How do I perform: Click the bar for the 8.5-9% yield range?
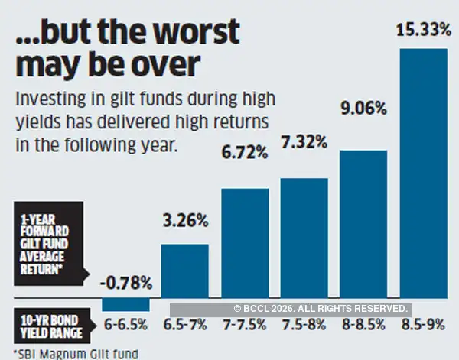pyautogui.click(x=423, y=172)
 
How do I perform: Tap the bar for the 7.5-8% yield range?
pyautogui.click(x=304, y=237)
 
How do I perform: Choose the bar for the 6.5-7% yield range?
pyautogui.click(x=184, y=271)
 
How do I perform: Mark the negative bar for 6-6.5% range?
pyautogui.click(x=125, y=304)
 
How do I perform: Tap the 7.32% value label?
pyautogui.click(x=304, y=142)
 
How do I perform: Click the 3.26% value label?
pyautogui.click(x=184, y=222)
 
